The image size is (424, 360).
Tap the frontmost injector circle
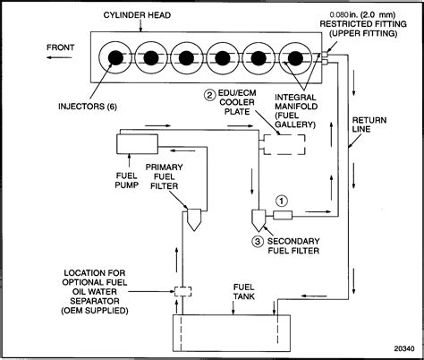116,58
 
